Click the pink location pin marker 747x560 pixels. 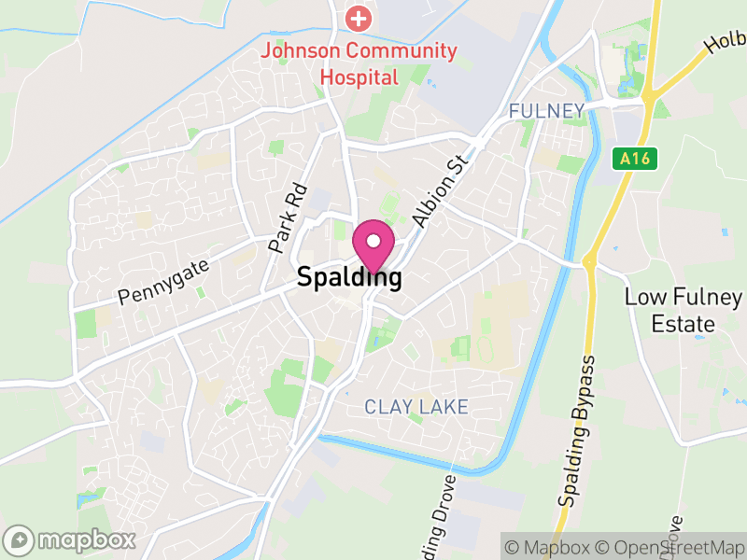pyautogui.click(x=373, y=247)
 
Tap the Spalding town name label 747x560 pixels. pyautogui.click(x=350, y=277)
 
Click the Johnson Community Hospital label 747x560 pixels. pyautogui.click(x=359, y=63)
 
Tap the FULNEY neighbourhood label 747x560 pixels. pyautogui.click(x=546, y=112)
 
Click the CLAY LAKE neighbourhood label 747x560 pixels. pyautogui.click(x=416, y=407)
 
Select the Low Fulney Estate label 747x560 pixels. pyautogui.click(x=683, y=311)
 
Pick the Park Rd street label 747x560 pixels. pyautogui.click(x=288, y=219)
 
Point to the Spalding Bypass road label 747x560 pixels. pyautogui.click(x=578, y=430)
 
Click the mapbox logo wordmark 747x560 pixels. pyautogui.click(x=71, y=539)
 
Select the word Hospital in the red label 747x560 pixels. pyautogui.click(x=359, y=77)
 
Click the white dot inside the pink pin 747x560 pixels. pyautogui.click(x=373, y=241)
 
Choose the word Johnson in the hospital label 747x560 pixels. pyautogui.click(x=300, y=51)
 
